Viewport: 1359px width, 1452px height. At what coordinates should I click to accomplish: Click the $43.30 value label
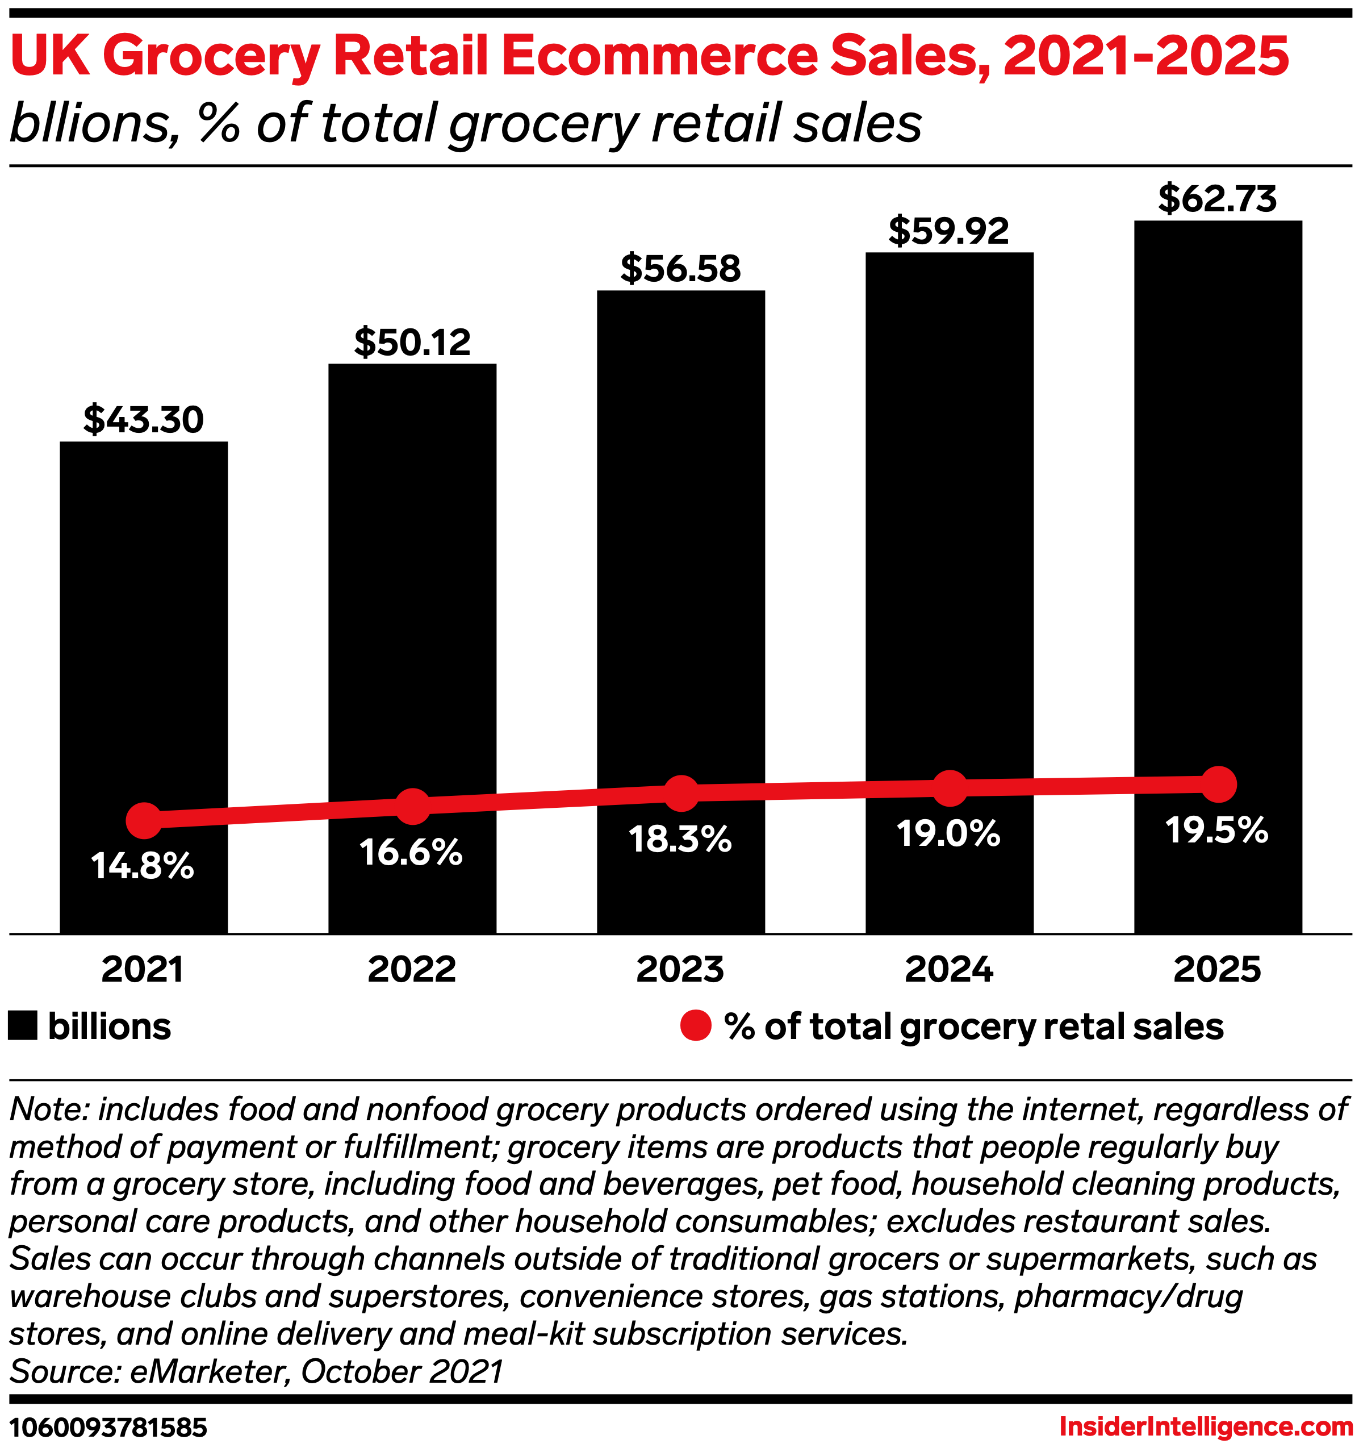[x=143, y=419]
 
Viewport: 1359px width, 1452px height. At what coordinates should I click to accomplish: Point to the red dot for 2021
[x=144, y=820]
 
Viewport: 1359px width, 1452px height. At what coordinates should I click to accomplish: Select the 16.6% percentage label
[x=411, y=852]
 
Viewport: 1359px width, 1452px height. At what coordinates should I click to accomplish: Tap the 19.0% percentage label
[x=948, y=833]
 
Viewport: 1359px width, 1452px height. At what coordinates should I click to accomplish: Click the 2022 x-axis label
[x=412, y=970]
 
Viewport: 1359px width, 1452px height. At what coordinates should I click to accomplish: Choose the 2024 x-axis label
[x=948, y=970]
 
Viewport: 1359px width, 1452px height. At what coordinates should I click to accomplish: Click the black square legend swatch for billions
[x=23, y=1025]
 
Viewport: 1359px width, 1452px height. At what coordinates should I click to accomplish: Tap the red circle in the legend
[x=695, y=1025]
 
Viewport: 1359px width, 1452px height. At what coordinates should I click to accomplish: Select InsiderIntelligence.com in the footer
[x=1206, y=1426]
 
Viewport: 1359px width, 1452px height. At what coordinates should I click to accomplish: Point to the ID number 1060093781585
[x=108, y=1427]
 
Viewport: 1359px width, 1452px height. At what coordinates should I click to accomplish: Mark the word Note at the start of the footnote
[x=48, y=1109]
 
